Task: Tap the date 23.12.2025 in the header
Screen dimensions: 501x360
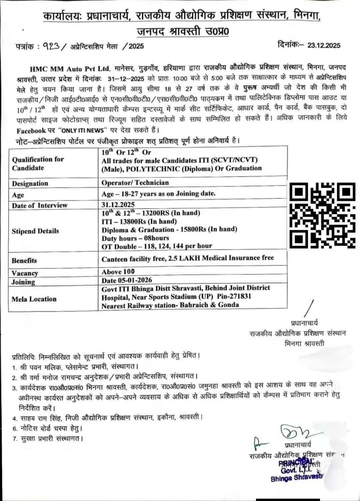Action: coord(324,46)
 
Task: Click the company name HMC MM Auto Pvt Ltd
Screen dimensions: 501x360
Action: coord(70,69)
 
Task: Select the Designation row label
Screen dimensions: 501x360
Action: coord(30,184)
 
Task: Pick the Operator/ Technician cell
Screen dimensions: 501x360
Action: coord(135,183)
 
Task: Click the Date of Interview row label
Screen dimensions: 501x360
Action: coord(40,206)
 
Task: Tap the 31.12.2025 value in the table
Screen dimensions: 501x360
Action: coord(118,204)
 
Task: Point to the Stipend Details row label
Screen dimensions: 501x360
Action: coord(35,231)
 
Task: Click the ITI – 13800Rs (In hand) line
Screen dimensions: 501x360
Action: coord(139,221)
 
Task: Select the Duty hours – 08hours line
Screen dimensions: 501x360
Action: coord(135,238)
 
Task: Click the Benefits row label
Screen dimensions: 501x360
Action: coord(24,261)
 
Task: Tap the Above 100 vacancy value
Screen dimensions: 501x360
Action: coord(118,272)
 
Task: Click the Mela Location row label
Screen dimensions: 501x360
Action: coord(34,299)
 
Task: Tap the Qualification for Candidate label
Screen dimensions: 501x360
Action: coord(38,163)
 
